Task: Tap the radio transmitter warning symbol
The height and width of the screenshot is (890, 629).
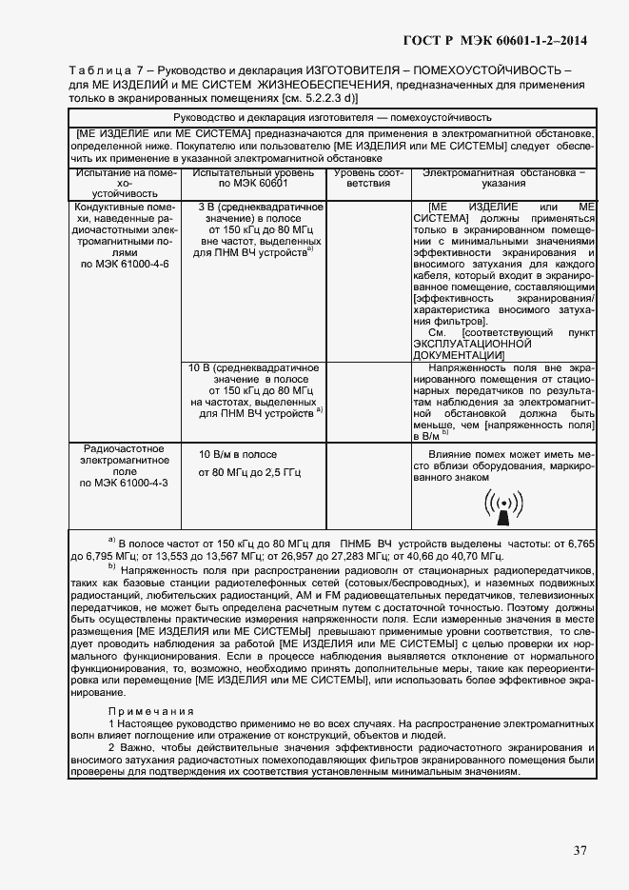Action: (x=502, y=508)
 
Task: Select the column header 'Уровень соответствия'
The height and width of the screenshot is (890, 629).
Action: (x=364, y=180)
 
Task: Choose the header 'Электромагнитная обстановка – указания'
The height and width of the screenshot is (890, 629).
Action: (x=503, y=180)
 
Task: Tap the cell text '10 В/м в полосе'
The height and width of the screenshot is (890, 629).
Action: (x=238, y=454)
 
